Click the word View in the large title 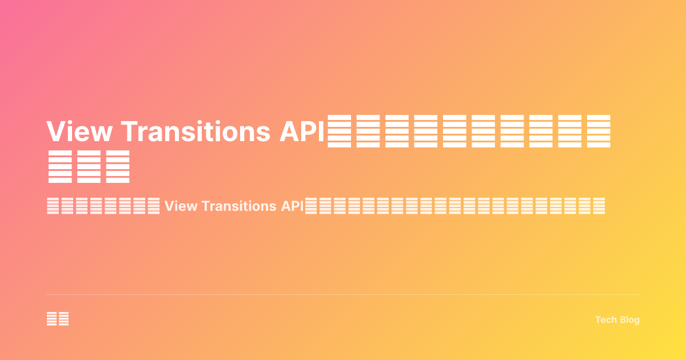coord(80,132)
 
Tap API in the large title coord(302,132)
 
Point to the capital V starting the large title coord(57,132)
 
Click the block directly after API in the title coord(340,131)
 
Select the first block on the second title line coord(60,167)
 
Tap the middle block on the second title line coord(89,167)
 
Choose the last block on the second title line coord(118,167)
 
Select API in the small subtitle coord(292,206)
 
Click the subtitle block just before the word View coord(153,206)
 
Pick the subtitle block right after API coord(312,206)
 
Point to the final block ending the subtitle coord(598,206)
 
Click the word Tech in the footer coord(605,320)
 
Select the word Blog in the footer coord(629,320)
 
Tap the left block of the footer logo coord(51,319)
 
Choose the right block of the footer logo coord(63,319)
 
